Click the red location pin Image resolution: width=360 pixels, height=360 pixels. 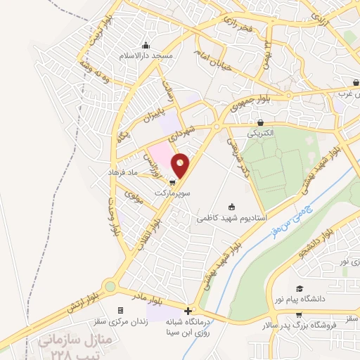(x=181, y=165)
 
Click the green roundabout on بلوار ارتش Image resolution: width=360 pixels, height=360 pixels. (x=109, y=287)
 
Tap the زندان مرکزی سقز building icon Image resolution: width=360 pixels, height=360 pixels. (x=120, y=310)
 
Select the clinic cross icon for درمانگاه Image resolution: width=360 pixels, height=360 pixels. (x=188, y=311)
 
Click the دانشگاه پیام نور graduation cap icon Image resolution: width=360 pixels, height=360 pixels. (x=299, y=290)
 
